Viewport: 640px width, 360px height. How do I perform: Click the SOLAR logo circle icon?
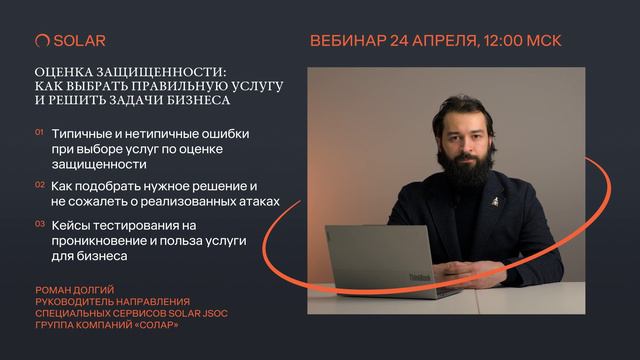[42, 41]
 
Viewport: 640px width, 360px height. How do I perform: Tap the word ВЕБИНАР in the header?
[347, 41]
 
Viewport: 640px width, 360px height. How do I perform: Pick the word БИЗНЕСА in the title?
[198, 101]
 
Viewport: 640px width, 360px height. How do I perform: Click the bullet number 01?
[39, 132]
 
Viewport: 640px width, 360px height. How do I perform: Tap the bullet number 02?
[39, 185]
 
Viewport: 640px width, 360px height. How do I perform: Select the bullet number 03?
[39, 224]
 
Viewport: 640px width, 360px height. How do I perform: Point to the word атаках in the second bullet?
[255, 202]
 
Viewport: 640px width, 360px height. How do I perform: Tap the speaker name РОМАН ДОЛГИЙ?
[75, 291]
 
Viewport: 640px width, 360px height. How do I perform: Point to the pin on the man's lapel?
[492, 201]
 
